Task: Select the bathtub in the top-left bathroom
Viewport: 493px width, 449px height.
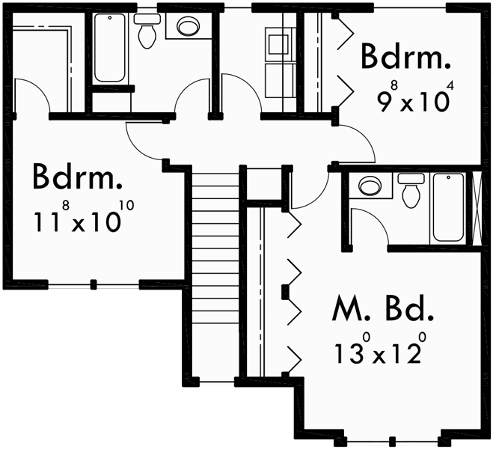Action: point(110,47)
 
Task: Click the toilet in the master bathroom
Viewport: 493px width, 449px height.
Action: point(411,191)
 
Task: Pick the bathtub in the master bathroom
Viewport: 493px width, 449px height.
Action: point(448,207)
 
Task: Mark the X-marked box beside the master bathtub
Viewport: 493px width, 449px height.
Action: point(474,207)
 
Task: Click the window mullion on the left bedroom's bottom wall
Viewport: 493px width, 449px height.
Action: point(94,284)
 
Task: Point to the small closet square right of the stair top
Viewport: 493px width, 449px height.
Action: point(263,183)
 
